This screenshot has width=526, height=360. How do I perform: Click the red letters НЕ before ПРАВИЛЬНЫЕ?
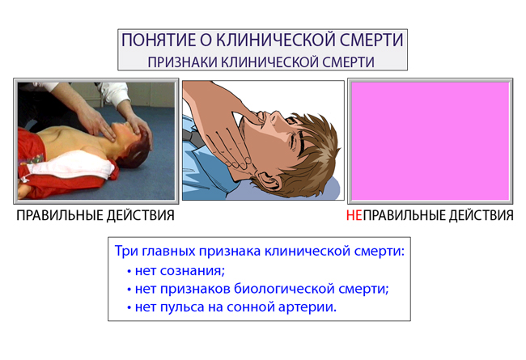[354, 215]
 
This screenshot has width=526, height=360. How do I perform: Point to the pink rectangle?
[430, 142]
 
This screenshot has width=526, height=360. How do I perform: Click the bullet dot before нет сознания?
[129, 271]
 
